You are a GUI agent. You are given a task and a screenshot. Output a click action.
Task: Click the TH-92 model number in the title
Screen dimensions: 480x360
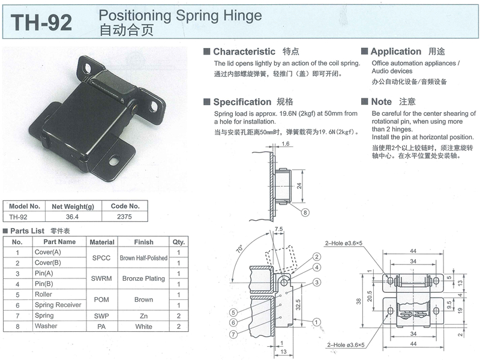tap(41, 22)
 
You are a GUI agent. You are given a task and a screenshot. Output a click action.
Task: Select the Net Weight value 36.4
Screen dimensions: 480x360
tap(72, 217)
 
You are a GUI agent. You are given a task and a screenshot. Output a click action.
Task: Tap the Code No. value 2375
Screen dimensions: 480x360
tap(124, 217)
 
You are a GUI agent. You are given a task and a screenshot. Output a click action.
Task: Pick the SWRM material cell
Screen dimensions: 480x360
tap(101, 278)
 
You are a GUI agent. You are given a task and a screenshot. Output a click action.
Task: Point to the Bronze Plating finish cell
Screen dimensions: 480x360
tap(143, 278)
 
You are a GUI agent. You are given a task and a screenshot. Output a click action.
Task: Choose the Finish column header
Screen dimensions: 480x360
tap(143, 242)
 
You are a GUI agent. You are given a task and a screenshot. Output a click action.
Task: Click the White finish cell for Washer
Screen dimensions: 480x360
tap(143, 326)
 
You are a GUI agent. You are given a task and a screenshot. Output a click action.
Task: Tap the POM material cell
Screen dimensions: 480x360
tap(101, 299)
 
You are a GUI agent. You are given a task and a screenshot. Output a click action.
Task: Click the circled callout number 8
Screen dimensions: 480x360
tap(305, 212)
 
